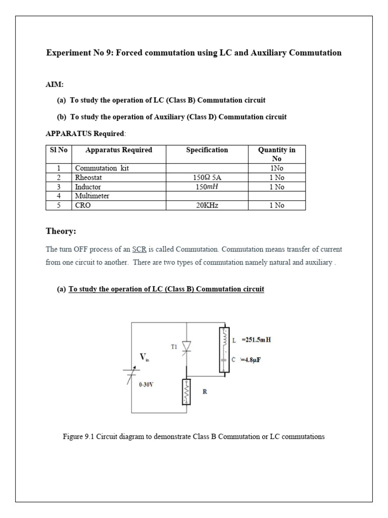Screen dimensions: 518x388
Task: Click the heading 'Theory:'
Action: tap(61, 231)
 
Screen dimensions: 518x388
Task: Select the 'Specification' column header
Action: tap(207, 150)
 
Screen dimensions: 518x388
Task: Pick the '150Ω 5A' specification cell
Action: tap(207, 178)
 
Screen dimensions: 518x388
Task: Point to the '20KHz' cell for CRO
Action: tap(207, 205)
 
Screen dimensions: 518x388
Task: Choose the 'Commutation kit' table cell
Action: tap(102, 168)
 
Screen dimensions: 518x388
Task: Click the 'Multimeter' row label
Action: tap(92, 196)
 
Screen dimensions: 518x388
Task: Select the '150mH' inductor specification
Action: tap(207, 187)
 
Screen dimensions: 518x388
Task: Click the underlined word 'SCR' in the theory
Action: tap(139, 249)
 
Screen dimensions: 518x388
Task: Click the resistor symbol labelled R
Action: tap(185, 392)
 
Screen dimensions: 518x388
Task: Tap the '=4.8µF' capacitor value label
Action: tap(255, 360)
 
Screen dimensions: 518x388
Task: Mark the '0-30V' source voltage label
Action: tap(147, 384)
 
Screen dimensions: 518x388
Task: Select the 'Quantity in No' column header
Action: tap(276, 154)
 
